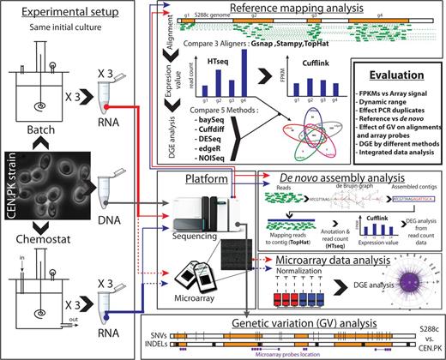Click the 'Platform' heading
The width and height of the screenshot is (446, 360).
tap(208, 177)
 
